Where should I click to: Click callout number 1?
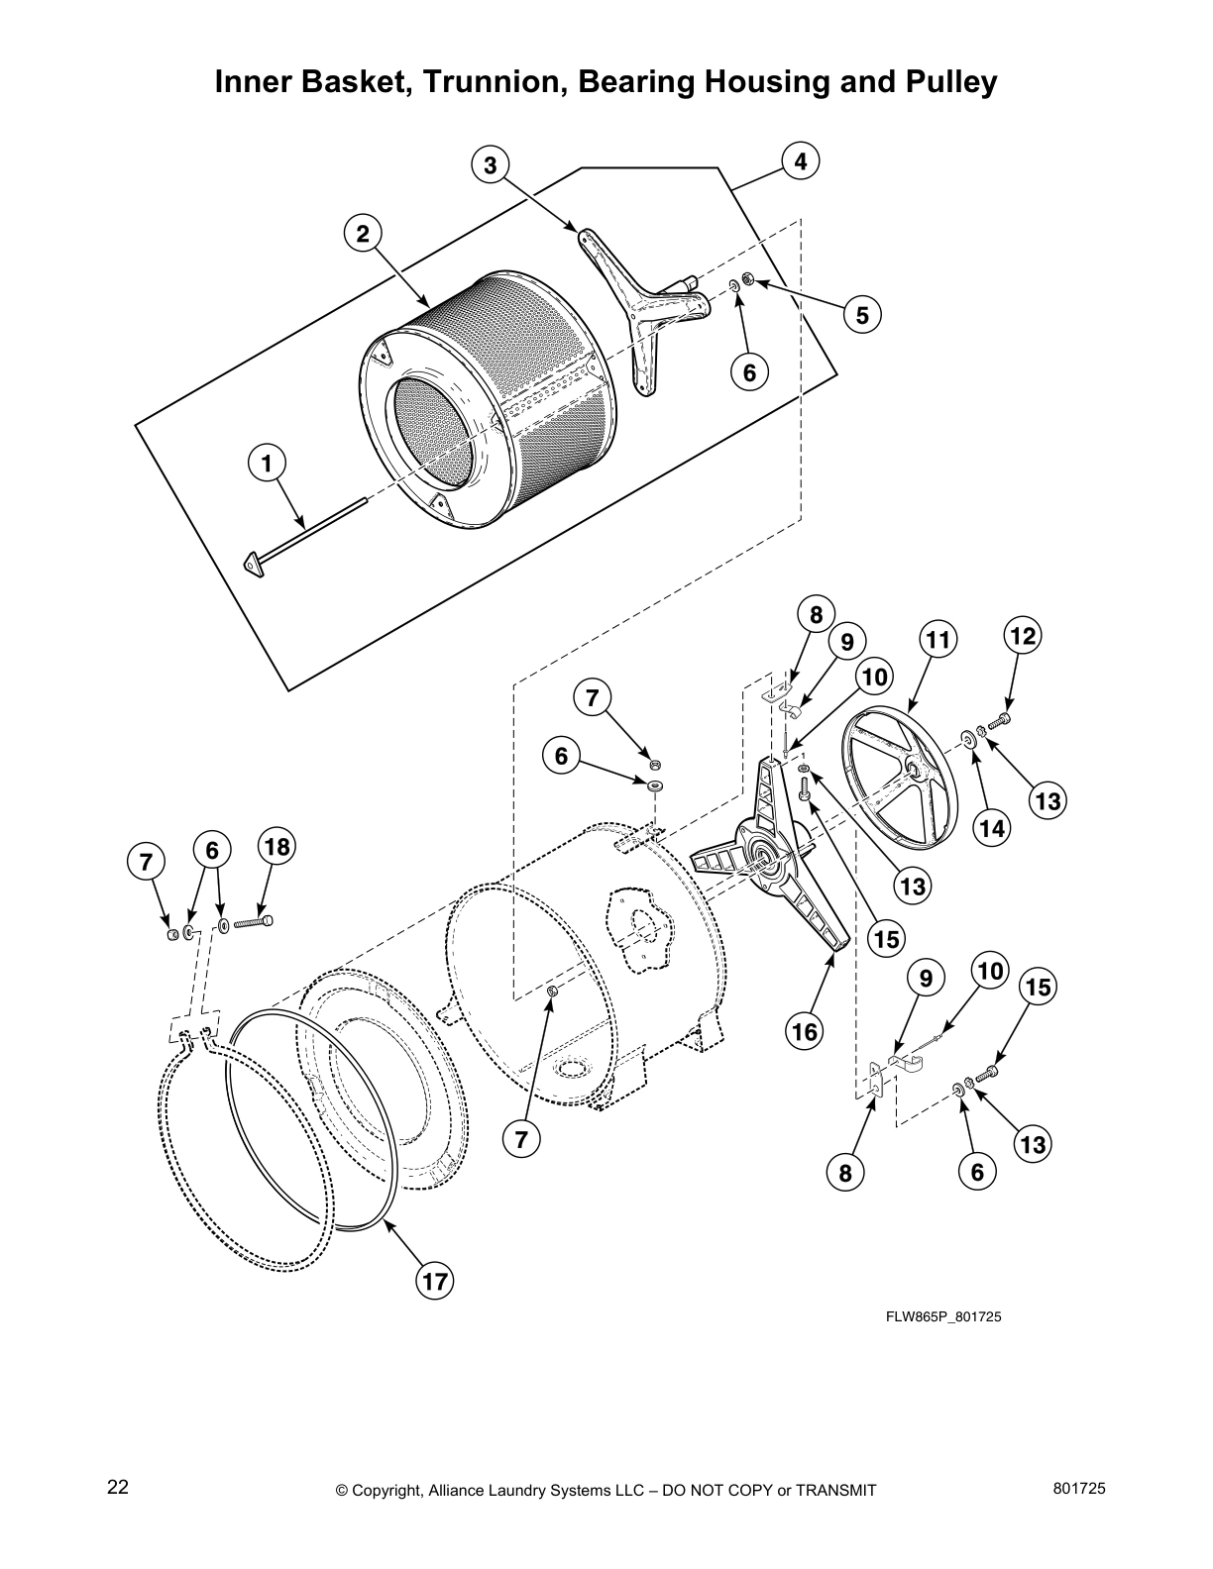267,462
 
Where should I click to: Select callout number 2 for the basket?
363,234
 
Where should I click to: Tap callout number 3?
490,165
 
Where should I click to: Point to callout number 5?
862,315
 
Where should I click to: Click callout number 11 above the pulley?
938,639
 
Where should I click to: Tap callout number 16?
805,1031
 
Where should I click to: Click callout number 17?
433,1281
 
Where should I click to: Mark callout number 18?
278,846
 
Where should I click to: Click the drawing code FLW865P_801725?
937,1316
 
